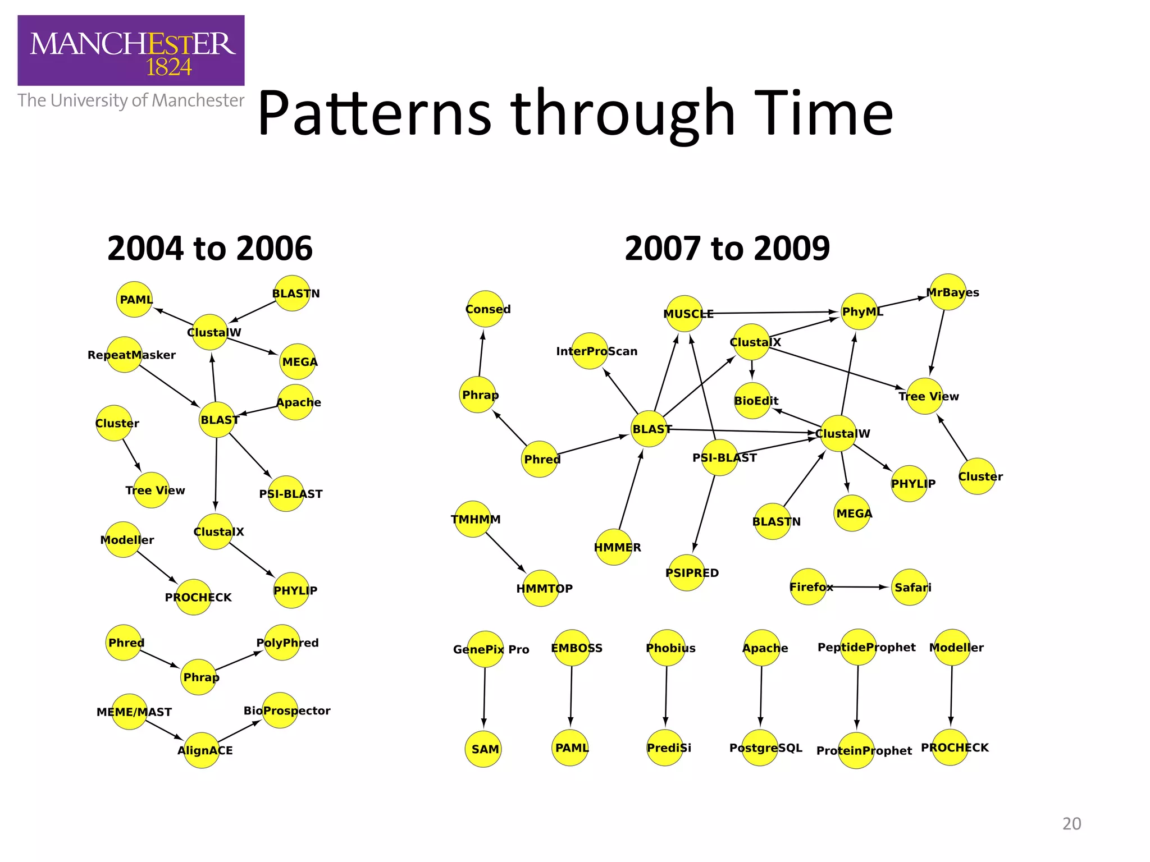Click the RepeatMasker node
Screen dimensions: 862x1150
(x=124, y=355)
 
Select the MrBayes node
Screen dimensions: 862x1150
(x=948, y=292)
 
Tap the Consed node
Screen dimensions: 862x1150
(x=485, y=309)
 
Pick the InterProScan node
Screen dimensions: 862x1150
(x=590, y=351)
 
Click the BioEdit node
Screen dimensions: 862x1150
(x=752, y=401)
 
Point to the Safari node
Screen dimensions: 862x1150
(x=910, y=587)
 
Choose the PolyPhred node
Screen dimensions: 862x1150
(x=282, y=643)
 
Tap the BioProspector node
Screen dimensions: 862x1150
(x=280, y=710)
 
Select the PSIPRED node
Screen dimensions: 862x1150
(x=686, y=573)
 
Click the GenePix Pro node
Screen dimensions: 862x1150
(x=485, y=649)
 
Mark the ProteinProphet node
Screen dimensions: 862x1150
(x=856, y=750)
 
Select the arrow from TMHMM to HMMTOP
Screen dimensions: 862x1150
(x=505, y=552)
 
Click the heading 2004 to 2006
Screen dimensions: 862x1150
(x=209, y=249)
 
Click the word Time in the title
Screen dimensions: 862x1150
(x=823, y=114)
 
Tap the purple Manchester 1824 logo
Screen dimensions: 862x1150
(x=131, y=51)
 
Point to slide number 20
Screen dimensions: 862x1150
(x=1071, y=824)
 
